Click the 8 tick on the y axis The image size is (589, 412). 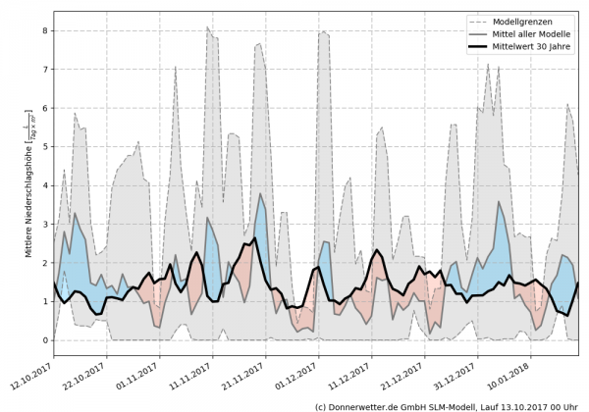[x=45, y=30]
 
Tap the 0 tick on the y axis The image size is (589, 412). [x=45, y=340]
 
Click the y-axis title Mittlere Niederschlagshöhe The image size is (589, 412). [x=29, y=196]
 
